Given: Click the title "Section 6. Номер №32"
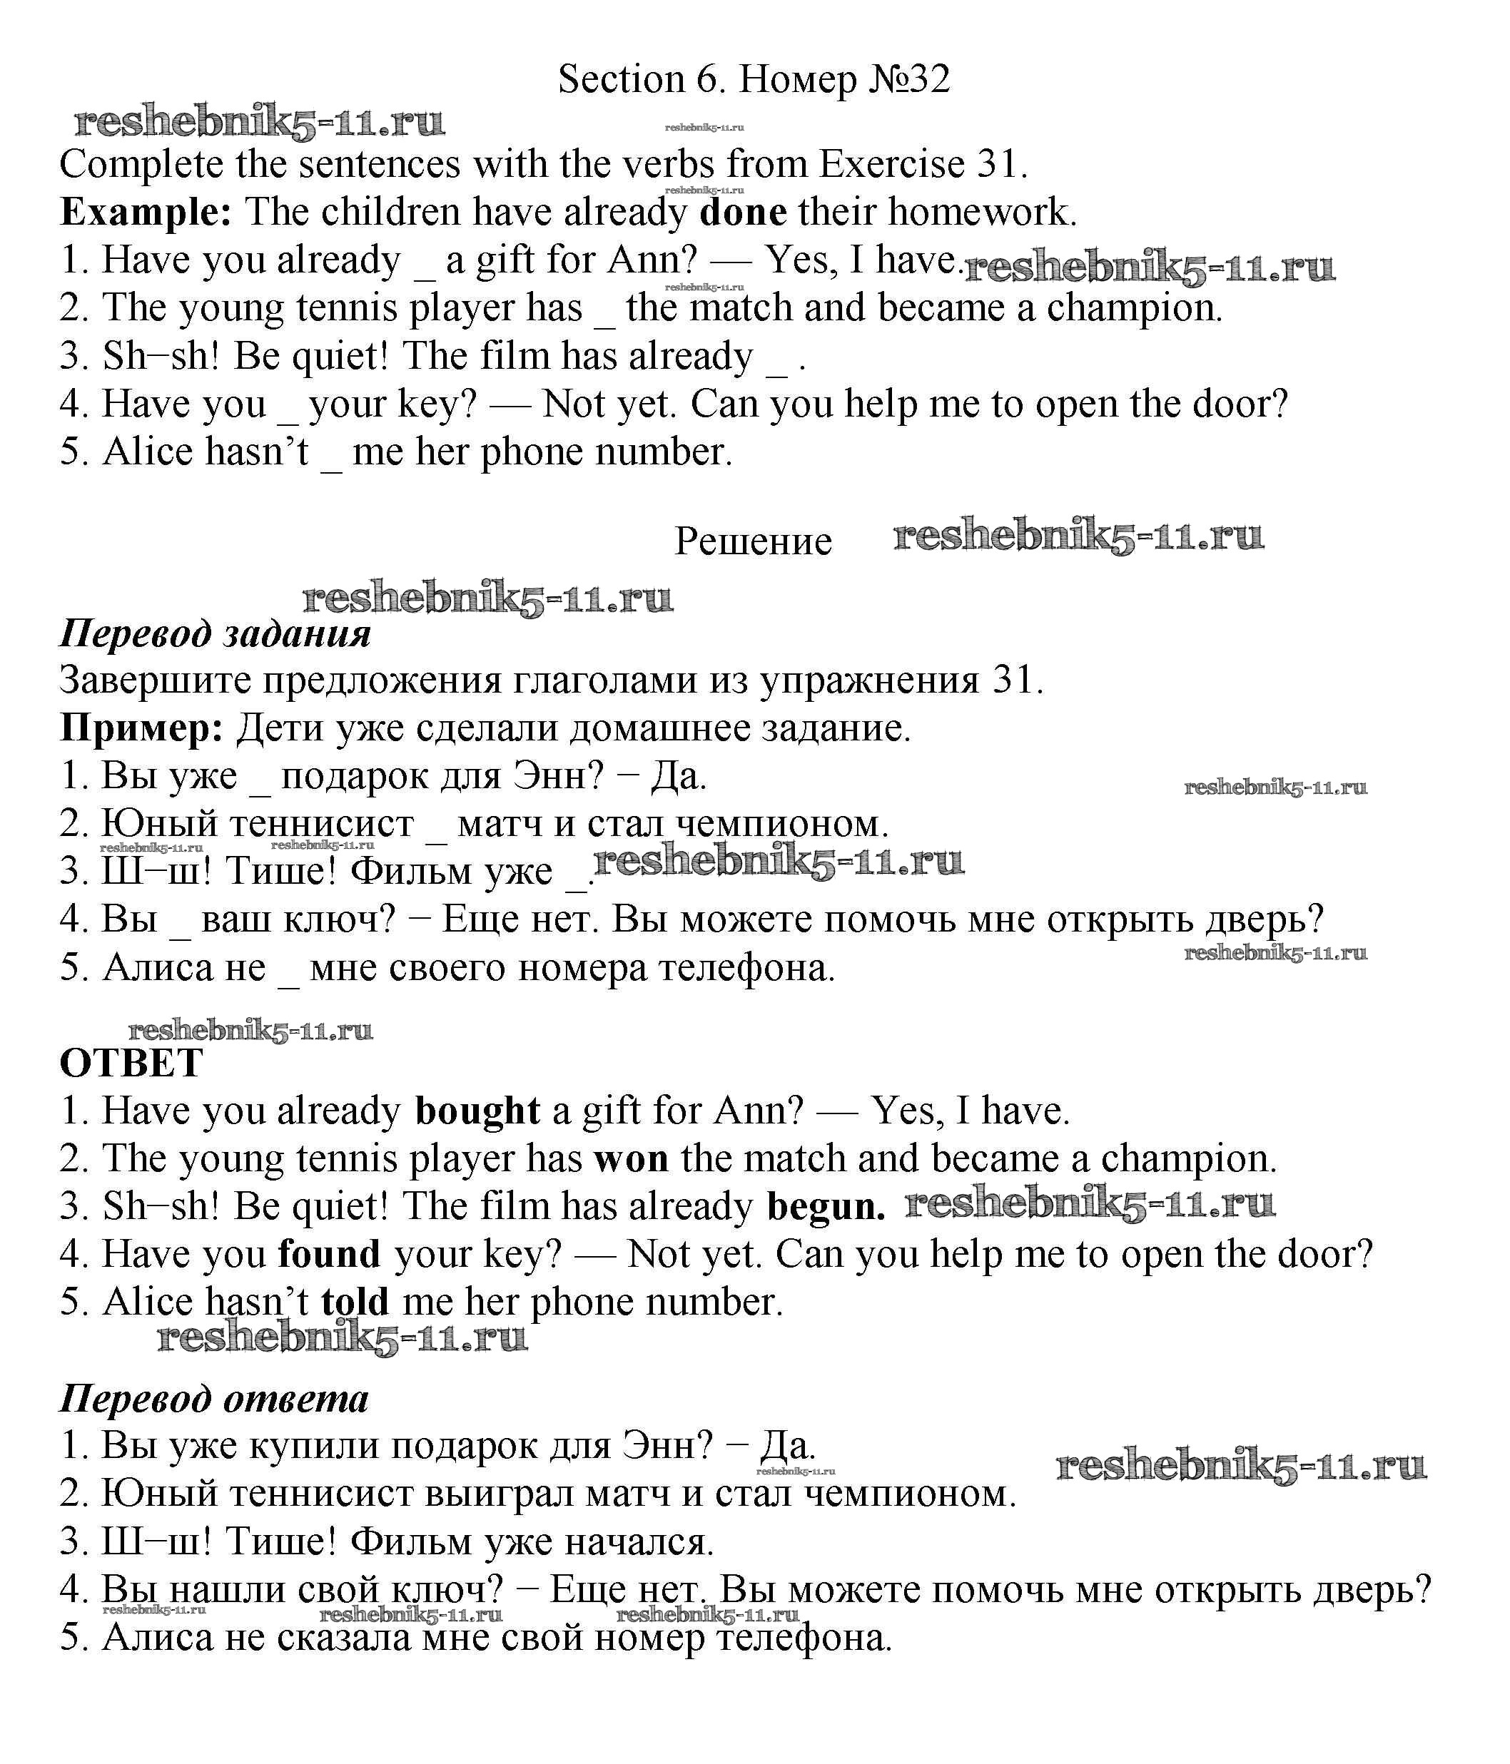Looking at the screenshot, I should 753,79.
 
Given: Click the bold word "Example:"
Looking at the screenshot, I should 146,212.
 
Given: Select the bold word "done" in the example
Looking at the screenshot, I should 743,212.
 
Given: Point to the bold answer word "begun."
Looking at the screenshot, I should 825,1207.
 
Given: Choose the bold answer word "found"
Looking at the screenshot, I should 329,1254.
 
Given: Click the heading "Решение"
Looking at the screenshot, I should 753,541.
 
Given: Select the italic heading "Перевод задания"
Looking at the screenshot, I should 216,633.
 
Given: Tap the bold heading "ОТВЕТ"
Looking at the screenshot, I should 131,1064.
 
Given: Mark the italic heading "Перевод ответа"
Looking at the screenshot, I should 214,1399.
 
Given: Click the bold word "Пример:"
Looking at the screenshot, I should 141,728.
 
